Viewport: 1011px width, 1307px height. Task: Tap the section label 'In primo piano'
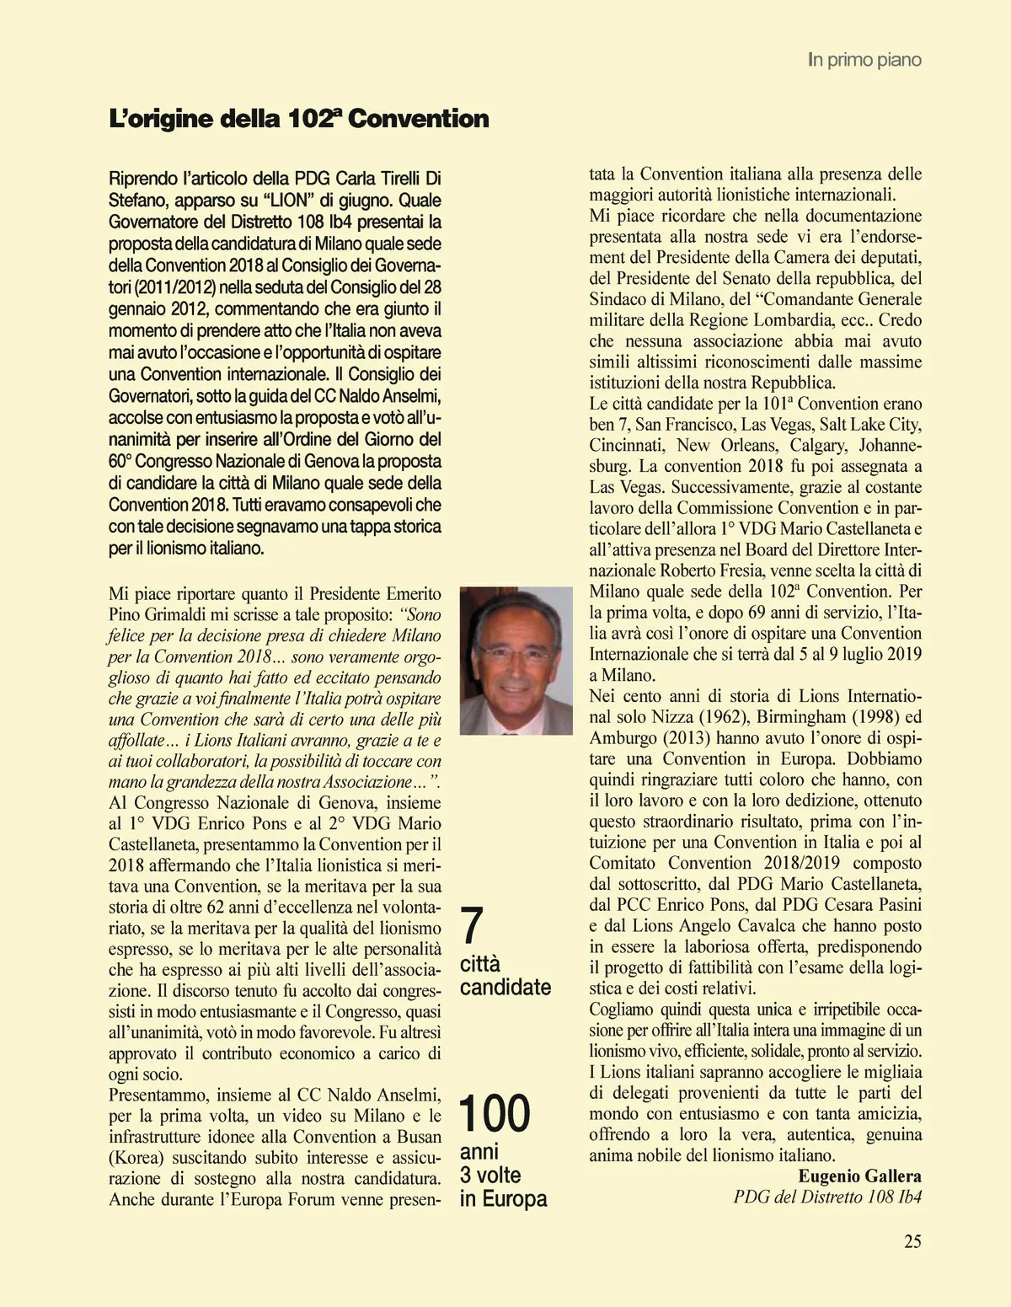[x=864, y=60]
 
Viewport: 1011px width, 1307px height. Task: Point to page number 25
[x=912, y=1240]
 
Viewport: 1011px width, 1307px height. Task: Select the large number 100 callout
[x=495, y=1113]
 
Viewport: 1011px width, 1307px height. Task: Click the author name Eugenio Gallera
[x=859, y=1176]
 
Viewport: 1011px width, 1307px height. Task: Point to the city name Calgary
[x=810, y=445]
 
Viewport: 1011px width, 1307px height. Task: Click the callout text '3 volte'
[x=490, y=1175]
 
